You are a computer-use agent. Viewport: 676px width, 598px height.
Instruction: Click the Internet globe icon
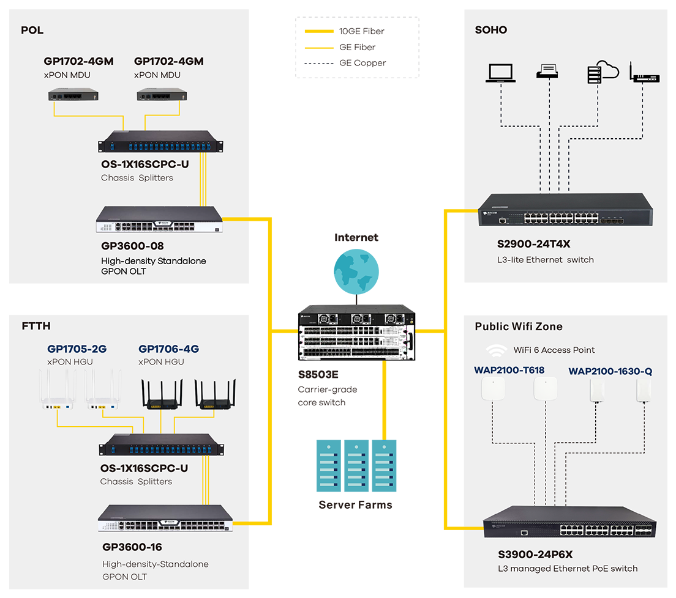pyautogui.click(x=356, y=272)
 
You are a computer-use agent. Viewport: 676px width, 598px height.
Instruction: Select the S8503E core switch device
pyautogui.click(x=356, y=333)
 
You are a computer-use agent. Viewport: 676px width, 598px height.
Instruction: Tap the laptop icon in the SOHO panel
pyautogui.click(x=500, y=73)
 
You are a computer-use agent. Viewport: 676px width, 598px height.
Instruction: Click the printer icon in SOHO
pyautogui.click(x=547, y=71)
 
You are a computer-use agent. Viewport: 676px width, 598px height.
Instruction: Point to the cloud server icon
pyautogui.click(x=603, y=72)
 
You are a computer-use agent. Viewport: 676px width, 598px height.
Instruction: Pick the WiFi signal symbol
pyautogui.click(x=496, y=350)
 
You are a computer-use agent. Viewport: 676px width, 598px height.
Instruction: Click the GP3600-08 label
pyautogui.click(x=132, y=246)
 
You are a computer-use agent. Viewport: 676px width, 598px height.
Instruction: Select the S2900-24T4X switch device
pyautogui.click(x=565, y=210)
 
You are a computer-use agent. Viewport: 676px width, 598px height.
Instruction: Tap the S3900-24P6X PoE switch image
pyautogui.click(x=569, y=522)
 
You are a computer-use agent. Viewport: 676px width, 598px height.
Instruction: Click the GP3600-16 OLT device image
pyautogui.click(x=165, y=518)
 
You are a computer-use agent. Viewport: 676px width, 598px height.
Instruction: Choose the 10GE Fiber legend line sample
pyautogui.click(x=319, y=31)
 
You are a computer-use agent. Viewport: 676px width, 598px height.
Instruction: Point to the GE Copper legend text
pyautogui.click(x=362, y=63)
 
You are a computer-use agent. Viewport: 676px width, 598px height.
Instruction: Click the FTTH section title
pyautogui.click(x=36, y=326)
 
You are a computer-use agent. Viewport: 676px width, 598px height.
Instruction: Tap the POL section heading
pyautogui.click(x=32, y=30)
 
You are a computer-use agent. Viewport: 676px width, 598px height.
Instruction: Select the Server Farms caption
pyautogui.click(x=355, y=504)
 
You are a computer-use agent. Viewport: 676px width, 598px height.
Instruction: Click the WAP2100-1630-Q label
pyautogui.click(x=610, y=371)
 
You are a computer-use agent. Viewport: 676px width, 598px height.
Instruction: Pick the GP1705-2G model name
pyautogui.click(x=77, y=349)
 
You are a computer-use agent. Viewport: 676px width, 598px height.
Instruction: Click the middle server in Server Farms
pyautogui.click(x=356, y=465)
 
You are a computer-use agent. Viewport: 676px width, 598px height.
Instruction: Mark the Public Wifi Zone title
pyautogui.click(x=519, y=327)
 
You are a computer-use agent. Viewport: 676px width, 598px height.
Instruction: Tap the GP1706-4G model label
pyautogui.click(x=168, y=349)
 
